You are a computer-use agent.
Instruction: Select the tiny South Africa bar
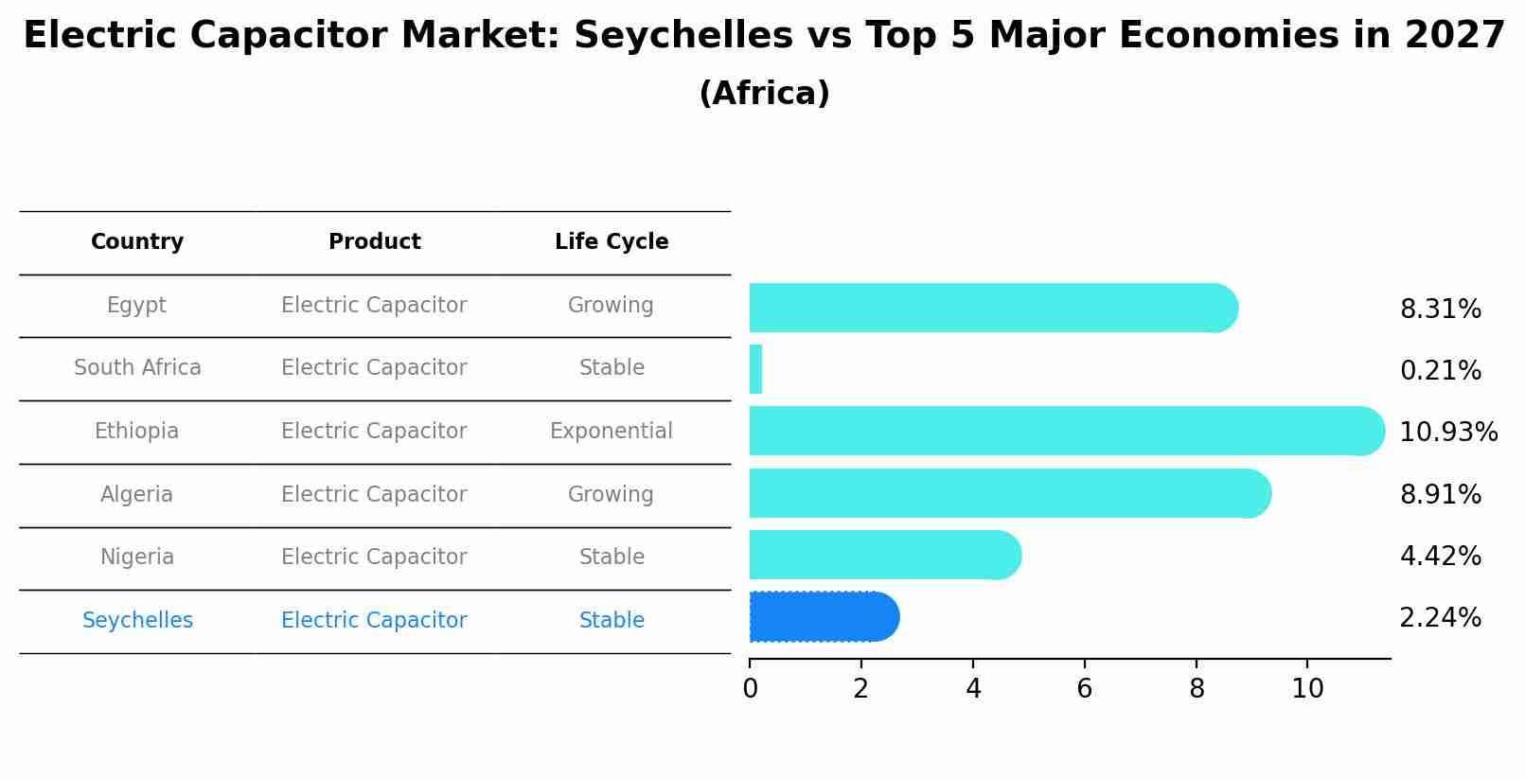[x=755, y=369]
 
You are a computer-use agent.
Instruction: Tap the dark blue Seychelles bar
[x=823, y=617]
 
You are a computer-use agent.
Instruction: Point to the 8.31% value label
[x=1440, y=310]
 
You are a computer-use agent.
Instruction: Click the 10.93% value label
[x=1447, y=433]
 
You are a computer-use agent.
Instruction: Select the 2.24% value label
[x=1440, y=618]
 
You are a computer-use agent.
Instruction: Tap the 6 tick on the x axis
[x=1085, y=689]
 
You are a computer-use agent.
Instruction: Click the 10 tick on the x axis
[x=1307, y=689]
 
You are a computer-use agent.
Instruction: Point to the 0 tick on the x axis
[x=750, y=689]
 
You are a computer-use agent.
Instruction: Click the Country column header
[x=137, y=242]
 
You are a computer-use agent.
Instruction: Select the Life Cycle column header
[x=612, y=242]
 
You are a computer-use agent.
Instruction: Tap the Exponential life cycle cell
[x=612, y=432]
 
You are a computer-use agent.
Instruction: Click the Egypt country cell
[x=136, y=306]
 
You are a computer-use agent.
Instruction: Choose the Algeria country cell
[x=136, y=495]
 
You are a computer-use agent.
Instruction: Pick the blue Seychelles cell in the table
[x=137, y=621]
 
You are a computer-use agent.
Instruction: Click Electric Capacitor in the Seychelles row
[x=374, y=621]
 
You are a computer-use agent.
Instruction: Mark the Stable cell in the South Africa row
[x=612, y=368]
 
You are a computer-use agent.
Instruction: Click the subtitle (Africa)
[x=764, y=94]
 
